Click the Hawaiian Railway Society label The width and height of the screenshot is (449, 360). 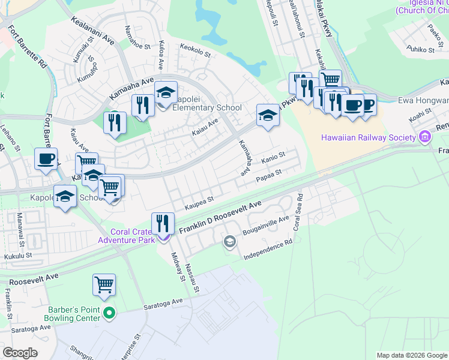coord(369,137)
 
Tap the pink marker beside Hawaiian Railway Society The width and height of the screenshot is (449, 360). coord(425,137)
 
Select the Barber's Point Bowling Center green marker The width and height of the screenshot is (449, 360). coord(109,313)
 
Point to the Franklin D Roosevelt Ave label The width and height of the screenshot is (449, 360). coord(218,217)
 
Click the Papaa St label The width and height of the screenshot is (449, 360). coord(268,176)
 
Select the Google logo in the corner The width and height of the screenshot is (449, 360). coord(20,352)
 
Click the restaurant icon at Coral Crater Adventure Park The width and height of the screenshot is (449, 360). coord(163,223)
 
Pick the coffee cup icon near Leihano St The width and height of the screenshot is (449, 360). coord(46,159)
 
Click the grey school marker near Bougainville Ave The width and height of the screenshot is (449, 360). coord(229,242)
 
